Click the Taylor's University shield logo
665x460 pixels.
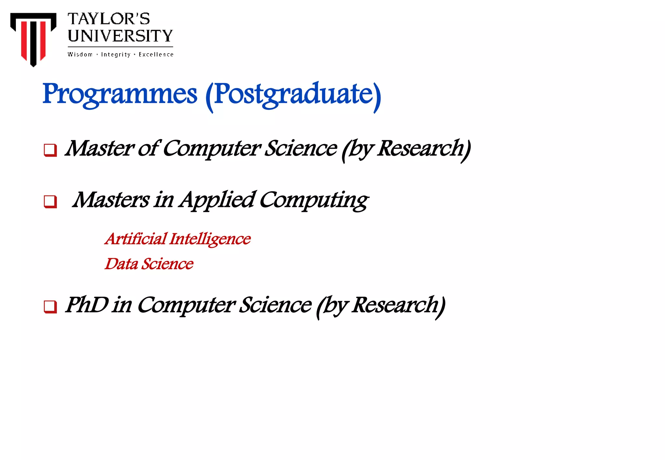pyautogui.click(x=33, y=38)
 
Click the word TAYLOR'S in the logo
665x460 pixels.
pyautogui.click(x=109, y=19)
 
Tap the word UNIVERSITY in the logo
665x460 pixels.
pyautogui.click(x=120, y=36)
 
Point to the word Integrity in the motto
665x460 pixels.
pyautogui.click(x=116, y=54)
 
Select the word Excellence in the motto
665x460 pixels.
pyautogui.click(x=156, y=54)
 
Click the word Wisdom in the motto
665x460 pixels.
pyautogui.click(x=80, y=54)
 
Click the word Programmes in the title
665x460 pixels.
pyautogui.click(x=120, y=94)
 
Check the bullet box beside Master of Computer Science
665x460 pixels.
pyautogui.click(x=50, y=150)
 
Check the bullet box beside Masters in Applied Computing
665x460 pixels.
pyautogui.click(x=50, y=201)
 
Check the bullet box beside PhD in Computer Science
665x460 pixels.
pyautogui.click(x=50, y=307)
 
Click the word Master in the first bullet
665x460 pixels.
pyautogui.click(x=99, y=149)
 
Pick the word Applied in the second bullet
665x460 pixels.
pyautogui.click(x=217, y=200)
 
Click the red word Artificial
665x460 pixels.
pyautogui.click(x=136, y=239)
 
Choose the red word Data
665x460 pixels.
pyautogui.click(x=121, y=264)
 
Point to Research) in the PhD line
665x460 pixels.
pyautogui.click(x=399, y=306)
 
